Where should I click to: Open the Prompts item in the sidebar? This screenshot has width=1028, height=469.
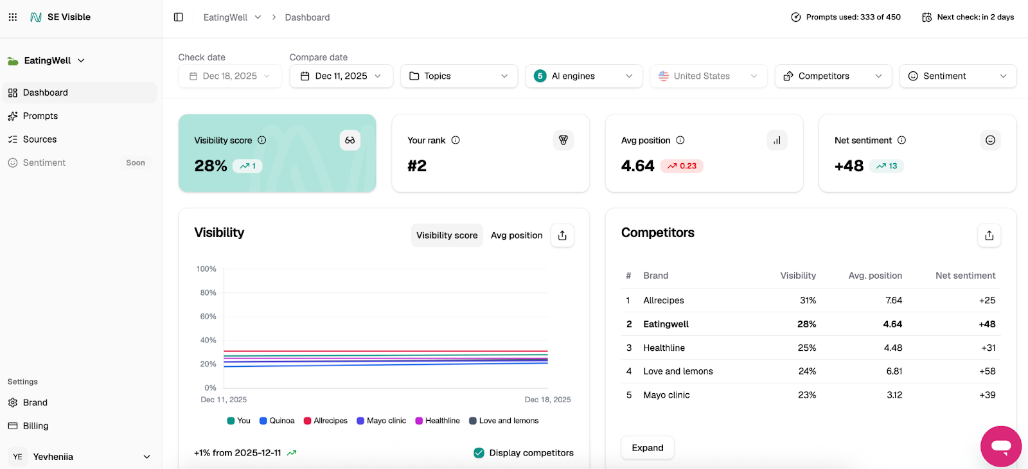(x=40, y=116)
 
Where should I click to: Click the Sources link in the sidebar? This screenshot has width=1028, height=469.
(x=39, y=139)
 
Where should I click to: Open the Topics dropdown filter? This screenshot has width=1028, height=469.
(x=459, y=76)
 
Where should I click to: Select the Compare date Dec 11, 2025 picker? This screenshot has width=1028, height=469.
(x=341, y=76)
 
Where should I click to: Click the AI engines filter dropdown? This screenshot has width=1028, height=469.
(x=583, y=76)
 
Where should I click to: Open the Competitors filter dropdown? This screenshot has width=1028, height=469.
(x=833, y=76)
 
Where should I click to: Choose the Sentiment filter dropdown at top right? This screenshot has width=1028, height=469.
(x=957, y=76)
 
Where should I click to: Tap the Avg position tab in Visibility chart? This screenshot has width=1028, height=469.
(x=517, y=235)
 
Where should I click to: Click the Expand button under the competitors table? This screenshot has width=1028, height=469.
(x=647, y=448)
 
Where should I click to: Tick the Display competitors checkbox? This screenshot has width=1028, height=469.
(x=479, y=453)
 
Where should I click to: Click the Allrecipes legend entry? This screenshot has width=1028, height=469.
(x=326, y=421)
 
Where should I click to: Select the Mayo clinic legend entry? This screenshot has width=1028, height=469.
(x=382, y=421)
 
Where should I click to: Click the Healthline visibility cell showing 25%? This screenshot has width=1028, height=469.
(x=807, y=348)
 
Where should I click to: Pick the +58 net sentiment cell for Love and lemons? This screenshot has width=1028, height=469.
(x=987, y=371)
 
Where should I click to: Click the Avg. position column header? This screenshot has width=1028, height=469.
(x=875, y=276)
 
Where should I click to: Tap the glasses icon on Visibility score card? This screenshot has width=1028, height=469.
(x=350, y=140)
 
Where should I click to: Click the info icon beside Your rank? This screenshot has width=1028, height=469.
(x=456, y=140)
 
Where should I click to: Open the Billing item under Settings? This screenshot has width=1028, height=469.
(x=35, y=426)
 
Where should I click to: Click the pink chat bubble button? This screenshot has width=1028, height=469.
(x=1000, y=446)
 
